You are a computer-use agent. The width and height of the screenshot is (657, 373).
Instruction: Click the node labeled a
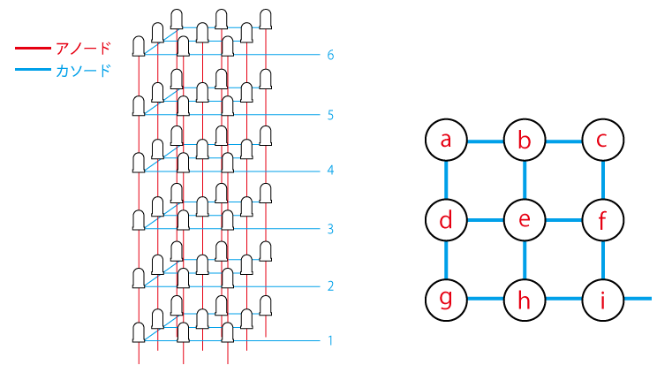(446, 141)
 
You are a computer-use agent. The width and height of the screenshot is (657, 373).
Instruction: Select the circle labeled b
(525, 141)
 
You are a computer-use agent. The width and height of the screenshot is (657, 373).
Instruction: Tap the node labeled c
(602, 141)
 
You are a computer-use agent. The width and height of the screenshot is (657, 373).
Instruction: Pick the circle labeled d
(446, 220)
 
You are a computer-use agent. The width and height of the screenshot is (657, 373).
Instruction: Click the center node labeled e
(525, 220)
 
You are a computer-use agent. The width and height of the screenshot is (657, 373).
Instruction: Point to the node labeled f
(602, 220)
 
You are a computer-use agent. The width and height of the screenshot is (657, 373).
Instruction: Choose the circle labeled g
(446, 300)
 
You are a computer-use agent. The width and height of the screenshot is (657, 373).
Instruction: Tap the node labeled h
(525, 300)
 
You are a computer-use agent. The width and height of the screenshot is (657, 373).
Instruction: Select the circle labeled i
(602, 300)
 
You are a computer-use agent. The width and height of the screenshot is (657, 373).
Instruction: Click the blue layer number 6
(330, 55)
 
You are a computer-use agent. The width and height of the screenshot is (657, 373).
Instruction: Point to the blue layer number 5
(330, 115)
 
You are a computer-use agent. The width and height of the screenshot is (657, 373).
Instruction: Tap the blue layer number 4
(330, 171)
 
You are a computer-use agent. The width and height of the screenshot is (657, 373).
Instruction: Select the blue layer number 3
(330, 229)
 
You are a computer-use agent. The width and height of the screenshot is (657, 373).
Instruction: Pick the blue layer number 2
(330, 286)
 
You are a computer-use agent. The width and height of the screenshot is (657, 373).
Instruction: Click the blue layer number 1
(330, 340)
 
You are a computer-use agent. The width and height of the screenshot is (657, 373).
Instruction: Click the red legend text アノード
(83, 49)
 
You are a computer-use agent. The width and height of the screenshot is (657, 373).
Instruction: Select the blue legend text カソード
(83, 70)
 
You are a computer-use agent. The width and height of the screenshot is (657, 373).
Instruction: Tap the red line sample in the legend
(33, 49)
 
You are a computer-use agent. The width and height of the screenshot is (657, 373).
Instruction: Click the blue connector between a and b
(485, 141)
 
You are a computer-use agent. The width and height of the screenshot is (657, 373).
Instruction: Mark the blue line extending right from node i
(638, 299)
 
